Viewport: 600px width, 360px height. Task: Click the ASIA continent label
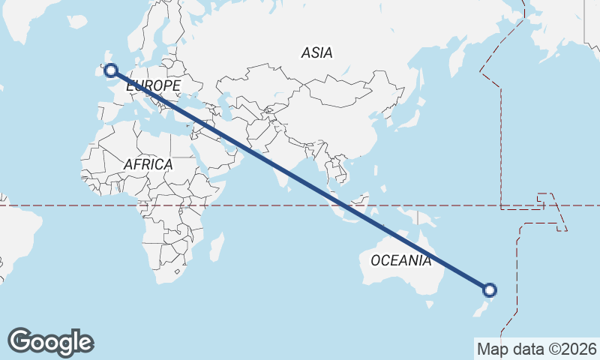point(316,52)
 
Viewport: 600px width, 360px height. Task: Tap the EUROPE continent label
point(153,86)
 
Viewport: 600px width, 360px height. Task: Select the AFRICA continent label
point(148,163)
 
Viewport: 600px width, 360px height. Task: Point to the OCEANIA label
point(401,260)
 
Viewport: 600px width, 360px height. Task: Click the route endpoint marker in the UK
point(111,70)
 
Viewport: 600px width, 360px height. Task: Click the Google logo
point(50,342)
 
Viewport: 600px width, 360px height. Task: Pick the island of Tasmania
point(430,303)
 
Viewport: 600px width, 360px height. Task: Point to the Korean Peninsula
point(381,114)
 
